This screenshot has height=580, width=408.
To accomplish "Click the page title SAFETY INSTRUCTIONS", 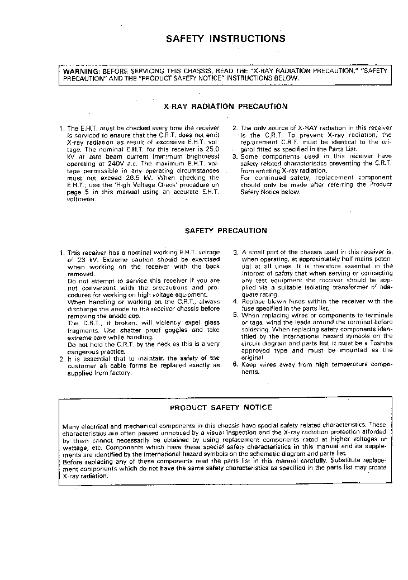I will pyautogui.click(x=226, y=39).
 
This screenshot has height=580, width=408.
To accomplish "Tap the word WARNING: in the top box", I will pyautogui.click(x=82, y=72).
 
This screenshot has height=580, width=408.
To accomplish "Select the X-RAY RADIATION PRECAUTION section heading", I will pyautogui.click(x=225, y=106).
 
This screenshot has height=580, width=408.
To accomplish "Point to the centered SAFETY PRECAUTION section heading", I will pyautogui.click(x=225, y=230).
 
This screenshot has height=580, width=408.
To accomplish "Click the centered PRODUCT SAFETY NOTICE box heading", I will pyautogui.click(x=221, y=407).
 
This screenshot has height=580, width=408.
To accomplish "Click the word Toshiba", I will pyautogui.click(x=380, y=343).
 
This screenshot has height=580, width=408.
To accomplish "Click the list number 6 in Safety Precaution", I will pyautogui.click(x=235, y=364).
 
